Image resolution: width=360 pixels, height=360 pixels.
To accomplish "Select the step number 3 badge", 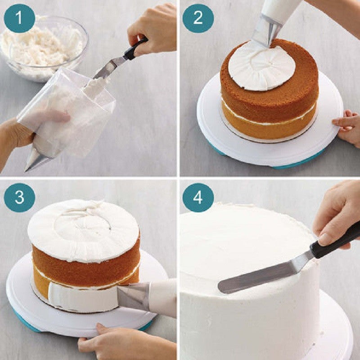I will [x=19, y=197].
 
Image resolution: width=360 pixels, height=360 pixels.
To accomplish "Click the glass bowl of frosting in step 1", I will [x=43, y=47].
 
